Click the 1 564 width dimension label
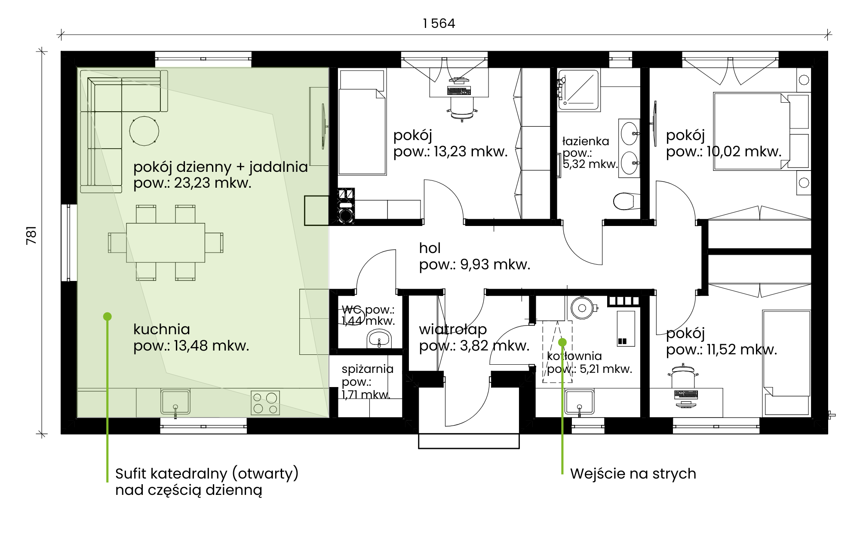pos(439,23)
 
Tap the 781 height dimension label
pos(31,235)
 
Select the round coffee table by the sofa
pos(144,131)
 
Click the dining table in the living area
pos(166,243)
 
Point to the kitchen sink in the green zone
pos(175,402)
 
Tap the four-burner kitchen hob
pos(265,403)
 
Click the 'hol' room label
pos(430,248)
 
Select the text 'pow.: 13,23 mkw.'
pos(450,152)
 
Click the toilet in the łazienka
pos(624,201)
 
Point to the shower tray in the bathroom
pos(579,90)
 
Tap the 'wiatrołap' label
pos(453,329)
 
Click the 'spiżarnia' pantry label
pos(368,369)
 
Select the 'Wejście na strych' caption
pos(633,473)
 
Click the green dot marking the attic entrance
pos(562,342)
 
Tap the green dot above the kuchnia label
pos(107,317)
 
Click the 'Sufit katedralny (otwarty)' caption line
pos(207,473)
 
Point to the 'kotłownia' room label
pos(574,356)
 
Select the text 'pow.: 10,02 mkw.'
pos(724,152)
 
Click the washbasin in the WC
pos(378,339)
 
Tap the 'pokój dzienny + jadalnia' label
pos(221,167)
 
